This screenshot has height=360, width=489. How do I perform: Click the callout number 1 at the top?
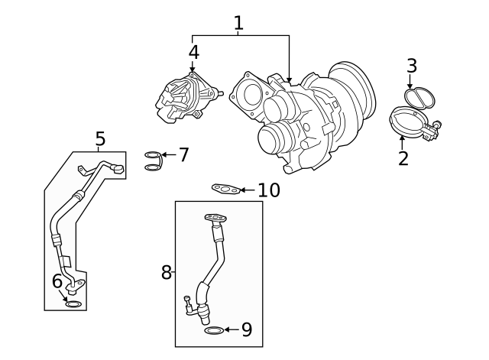[x=238, y=23]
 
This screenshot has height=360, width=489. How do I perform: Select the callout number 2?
[x=403, y=158]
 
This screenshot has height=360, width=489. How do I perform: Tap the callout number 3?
[x=412, y=66]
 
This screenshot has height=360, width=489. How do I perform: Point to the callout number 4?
[x=193, y=52]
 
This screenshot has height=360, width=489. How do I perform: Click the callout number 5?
[x=100, y=138]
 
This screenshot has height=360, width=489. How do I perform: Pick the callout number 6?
[x=57, y=281]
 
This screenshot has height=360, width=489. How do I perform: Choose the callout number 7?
[x=183, y=155]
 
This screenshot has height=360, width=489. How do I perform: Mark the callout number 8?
[x=166, y=272]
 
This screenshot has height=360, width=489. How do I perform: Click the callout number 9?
[x=246, y=329]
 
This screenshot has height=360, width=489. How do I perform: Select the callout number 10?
[x=268, y=190]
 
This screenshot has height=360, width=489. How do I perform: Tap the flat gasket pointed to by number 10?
[x=225, y=189]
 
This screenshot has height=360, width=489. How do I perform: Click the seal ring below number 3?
[x=418, y=97]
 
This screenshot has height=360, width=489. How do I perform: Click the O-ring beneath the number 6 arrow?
[x=73, y=304]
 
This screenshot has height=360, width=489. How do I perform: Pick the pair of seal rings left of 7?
[x=153, y=161]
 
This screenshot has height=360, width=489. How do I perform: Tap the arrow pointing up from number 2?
[x=403, y=141]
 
